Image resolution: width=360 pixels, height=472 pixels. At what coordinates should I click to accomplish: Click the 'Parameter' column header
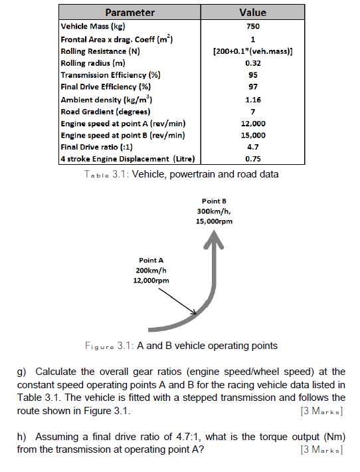[130, 13]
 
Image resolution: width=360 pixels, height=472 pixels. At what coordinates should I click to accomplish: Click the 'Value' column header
[252, 13]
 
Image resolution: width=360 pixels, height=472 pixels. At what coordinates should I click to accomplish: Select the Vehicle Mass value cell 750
[252, 27]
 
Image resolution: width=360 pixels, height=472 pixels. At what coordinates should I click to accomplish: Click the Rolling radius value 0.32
[252, 63]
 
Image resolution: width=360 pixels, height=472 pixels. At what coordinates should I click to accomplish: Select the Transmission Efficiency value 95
[252, 75]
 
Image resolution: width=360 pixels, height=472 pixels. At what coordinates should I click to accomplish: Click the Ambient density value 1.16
[252, 99]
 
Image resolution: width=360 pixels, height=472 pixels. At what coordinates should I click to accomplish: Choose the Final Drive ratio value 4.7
[252, 147]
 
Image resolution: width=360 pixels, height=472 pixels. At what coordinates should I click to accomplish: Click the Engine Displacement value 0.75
[252, 160]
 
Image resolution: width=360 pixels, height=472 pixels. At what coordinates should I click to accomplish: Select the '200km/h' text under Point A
[153, 271]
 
